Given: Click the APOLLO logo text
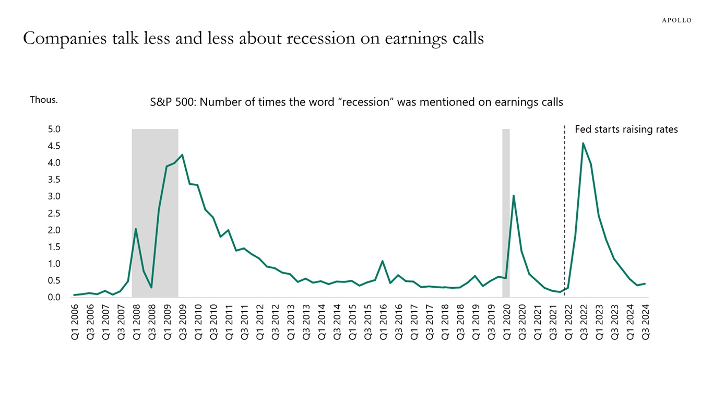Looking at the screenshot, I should pyautogui.click(x=676, y=20).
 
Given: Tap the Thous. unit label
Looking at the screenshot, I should pyautogui.click(x=44, y=100).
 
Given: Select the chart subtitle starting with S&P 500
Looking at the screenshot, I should pyautogui.click(x=356, y=102).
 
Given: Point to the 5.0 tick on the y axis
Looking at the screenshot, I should pyautogui.click(x=54, y=129).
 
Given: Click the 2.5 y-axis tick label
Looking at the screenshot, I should pyautogui.click(x=54, y=213).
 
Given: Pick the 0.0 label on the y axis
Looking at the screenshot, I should pyautogui.click(x=54, y=297).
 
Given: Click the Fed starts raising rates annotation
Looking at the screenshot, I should pyautogui.click(x=626, y=129).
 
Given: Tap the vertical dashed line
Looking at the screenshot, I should pyautogui.click(x=564, y=209).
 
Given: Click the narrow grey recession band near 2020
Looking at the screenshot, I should pyautogui.click(x=506, y=209).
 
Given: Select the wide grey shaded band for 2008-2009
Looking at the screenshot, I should pyautogui.click(x=155, y=209).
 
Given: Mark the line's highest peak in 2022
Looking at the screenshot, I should pyautogui.click(x=583, y=144).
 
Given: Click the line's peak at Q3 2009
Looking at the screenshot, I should pyautogui.click(x=182, y=155).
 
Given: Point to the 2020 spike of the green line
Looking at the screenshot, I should pyautogui.click(x=514, y=196).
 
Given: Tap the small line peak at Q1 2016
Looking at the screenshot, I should pyautogui.click(x=383, y=261).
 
